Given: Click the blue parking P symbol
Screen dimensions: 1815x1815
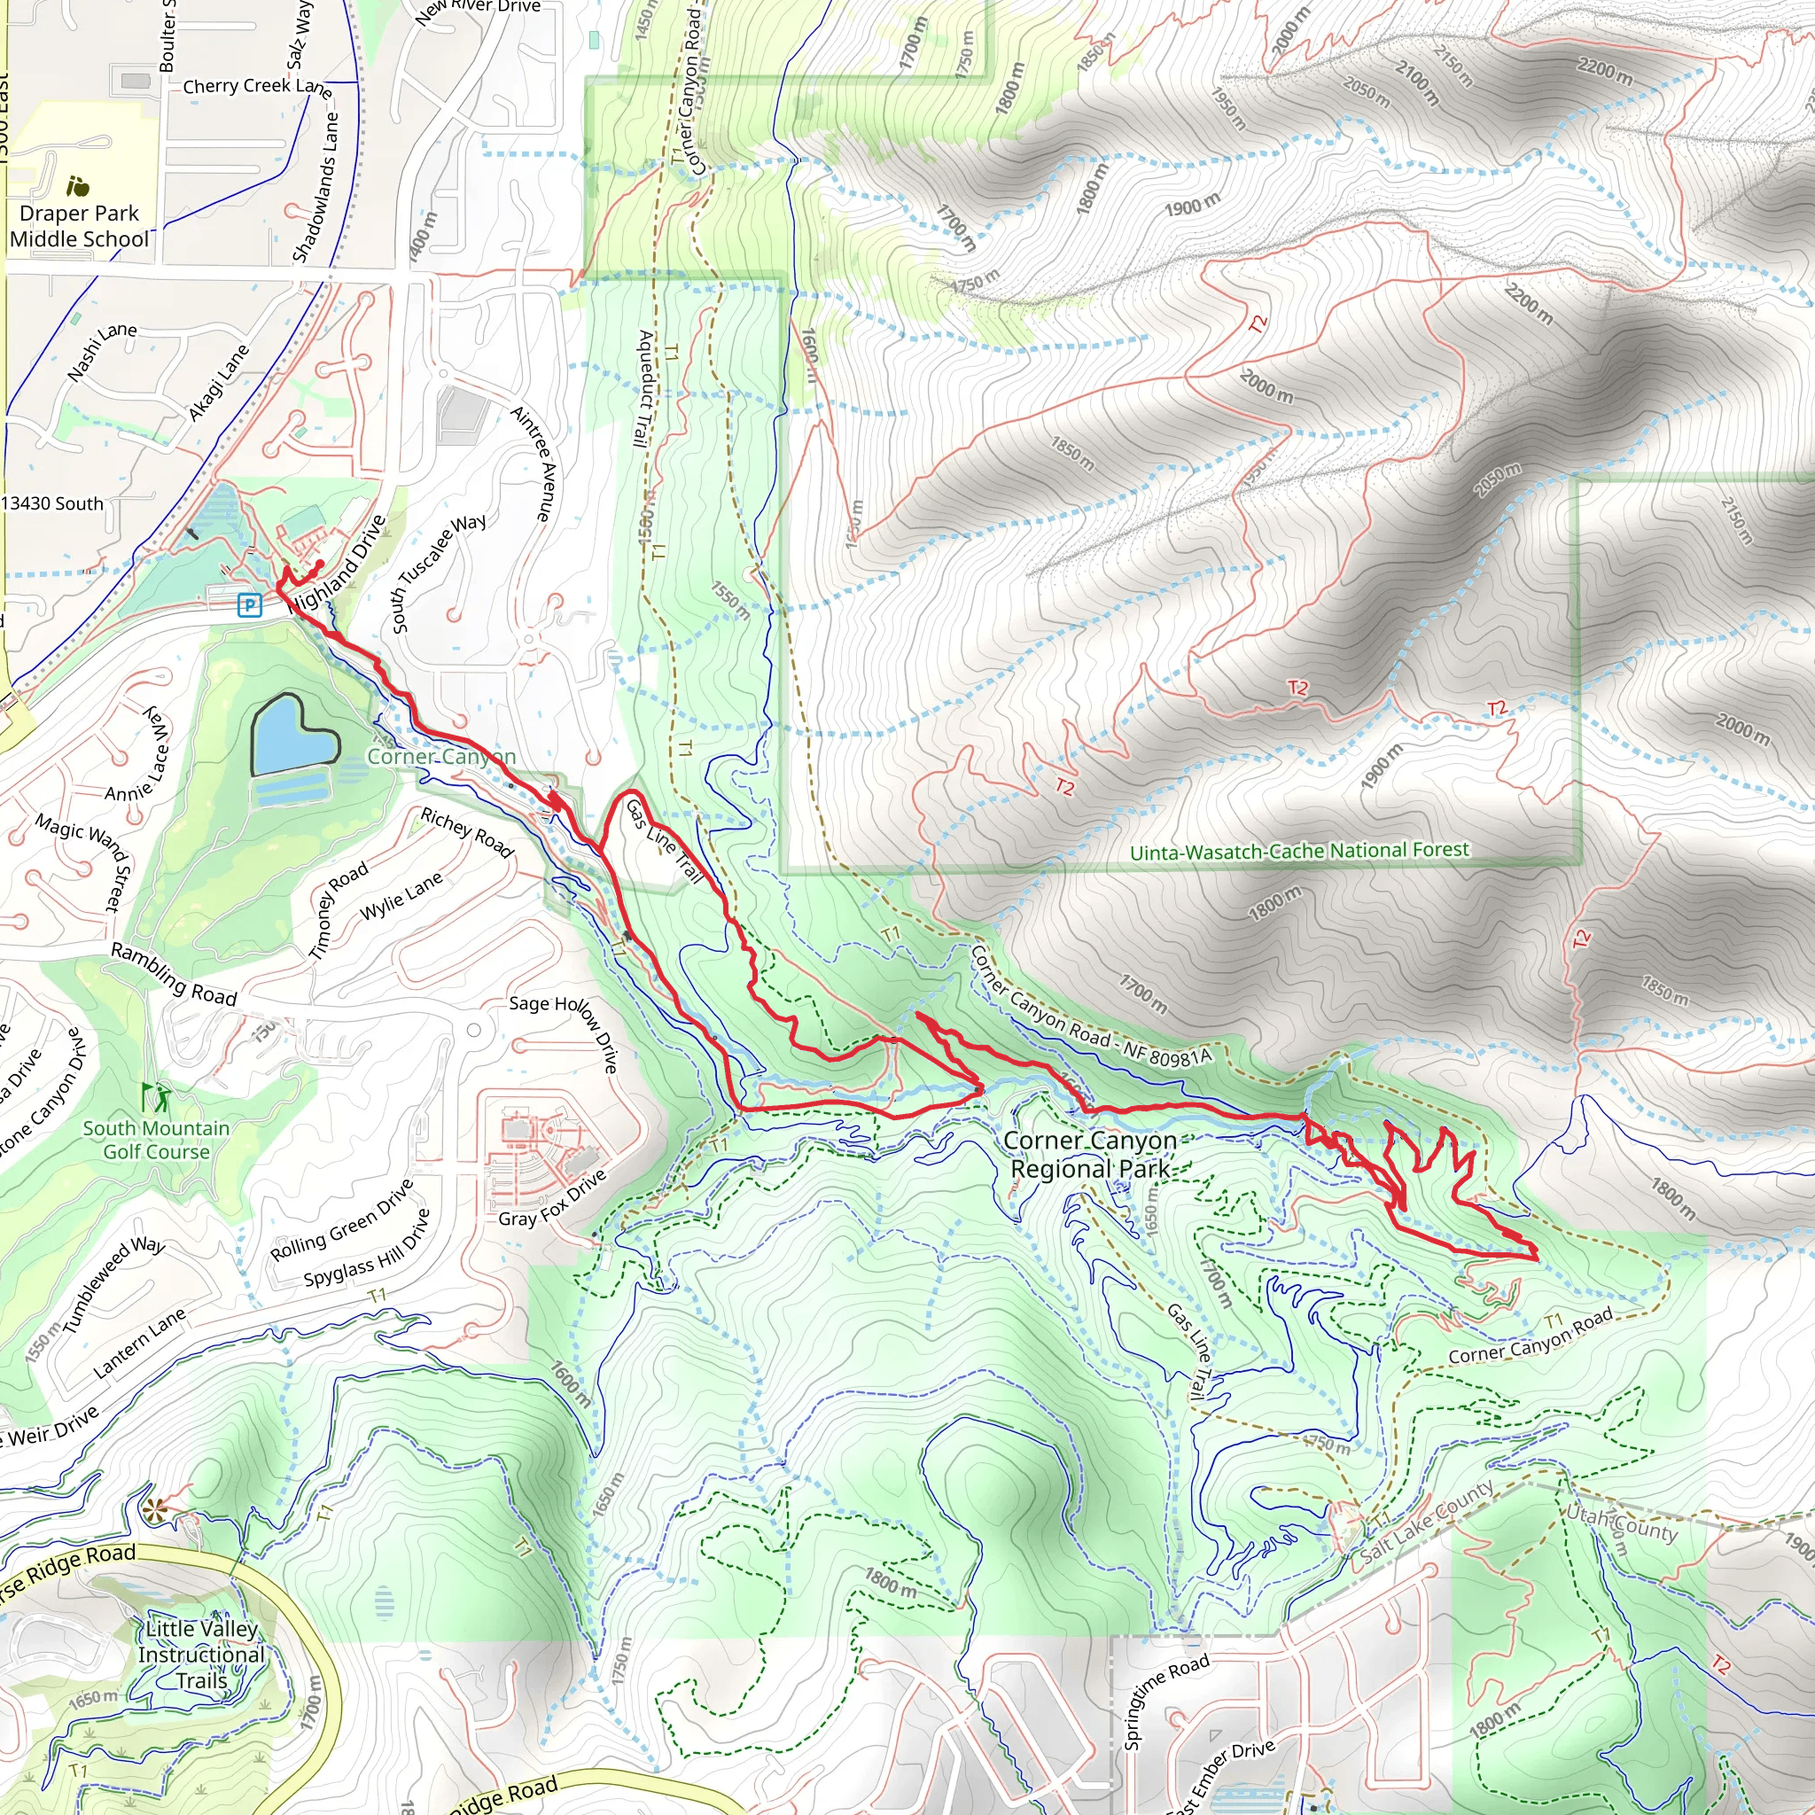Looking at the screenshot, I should click(x=249, y=605).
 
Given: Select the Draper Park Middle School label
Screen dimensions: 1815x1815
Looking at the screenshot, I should click(x=79, y=225).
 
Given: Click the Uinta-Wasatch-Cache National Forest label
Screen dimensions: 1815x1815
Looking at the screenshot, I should click(x=1298, y=851).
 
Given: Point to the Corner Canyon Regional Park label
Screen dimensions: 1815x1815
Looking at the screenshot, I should click(x=1090, y=1155).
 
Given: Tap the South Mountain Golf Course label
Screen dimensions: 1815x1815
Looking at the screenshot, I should click(x=156, y=1140).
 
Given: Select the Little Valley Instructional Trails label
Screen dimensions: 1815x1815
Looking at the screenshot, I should click(x=201, y=1655).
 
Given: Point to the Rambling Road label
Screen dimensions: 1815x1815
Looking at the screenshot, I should click(x=174, y=975).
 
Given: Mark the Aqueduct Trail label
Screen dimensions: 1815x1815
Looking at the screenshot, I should click(x=643, y=388).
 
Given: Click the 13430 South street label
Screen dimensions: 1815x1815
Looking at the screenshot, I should click(x=51, y=503).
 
